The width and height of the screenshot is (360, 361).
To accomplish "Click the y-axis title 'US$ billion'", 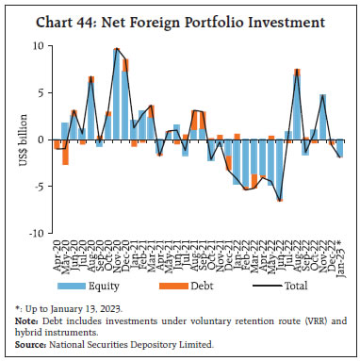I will pos(20,139).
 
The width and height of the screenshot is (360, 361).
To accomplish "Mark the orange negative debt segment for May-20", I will pos(66,152).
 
